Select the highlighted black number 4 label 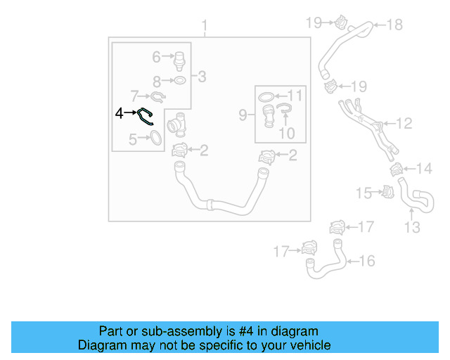coord(120,112)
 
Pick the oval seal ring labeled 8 coord(179,81)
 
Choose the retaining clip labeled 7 coord(158,96)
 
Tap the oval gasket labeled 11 coord(266,96)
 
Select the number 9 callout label coord(244,114)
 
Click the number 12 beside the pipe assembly coord(404,124)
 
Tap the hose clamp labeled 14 coord(397,169)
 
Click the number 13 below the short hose coord(412,227)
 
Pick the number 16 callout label coord(367,261)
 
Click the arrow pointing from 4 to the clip coord(131,112)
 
